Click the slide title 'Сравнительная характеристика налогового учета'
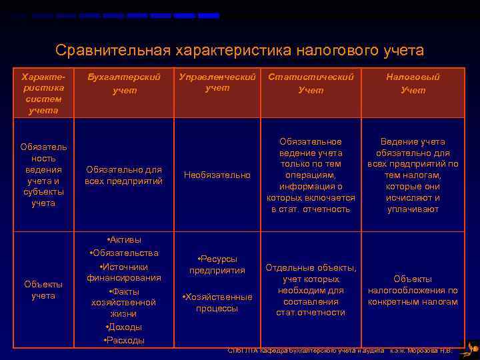pos(239,51)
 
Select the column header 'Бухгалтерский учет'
pos(124,83)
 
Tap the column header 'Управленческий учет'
pos(217,82)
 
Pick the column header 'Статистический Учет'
pos(311,83)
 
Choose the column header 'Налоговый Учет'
pos(413,83)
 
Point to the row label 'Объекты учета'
pos(43,290)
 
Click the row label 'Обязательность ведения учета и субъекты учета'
pos(43,175)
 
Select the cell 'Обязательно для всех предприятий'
pos(124,175)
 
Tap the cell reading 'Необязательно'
pos(217,175)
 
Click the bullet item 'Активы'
pos(124,240)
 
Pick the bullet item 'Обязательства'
pos(124,253)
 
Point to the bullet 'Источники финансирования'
pos(124,272)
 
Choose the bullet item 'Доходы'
pos(124,327)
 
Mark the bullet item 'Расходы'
pos(124,341)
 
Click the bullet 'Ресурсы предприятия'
pos(217,265)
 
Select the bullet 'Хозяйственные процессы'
pos(217,303)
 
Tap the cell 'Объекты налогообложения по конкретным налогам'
pos(413,290)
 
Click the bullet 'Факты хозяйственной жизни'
pos(124,303)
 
